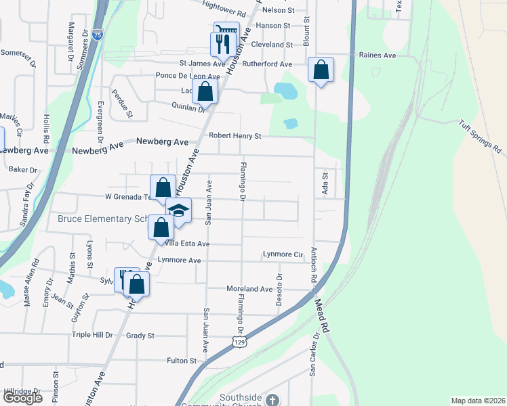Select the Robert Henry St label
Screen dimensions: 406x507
click(x=235, y=136)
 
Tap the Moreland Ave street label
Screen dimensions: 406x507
click(x=249, y=289)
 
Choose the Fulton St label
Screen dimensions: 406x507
click(x=181, y=361)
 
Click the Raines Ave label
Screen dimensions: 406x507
click(x=378, y=56)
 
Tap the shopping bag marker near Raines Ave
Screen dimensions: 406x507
click(x=321, y=70)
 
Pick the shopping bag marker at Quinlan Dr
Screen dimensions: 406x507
click(x=205, y=92)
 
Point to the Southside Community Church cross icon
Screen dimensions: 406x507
click(x=272, y=401)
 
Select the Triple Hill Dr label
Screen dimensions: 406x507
click(x=92, y=335)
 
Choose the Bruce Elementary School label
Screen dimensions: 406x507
click(x=102, y=219)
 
